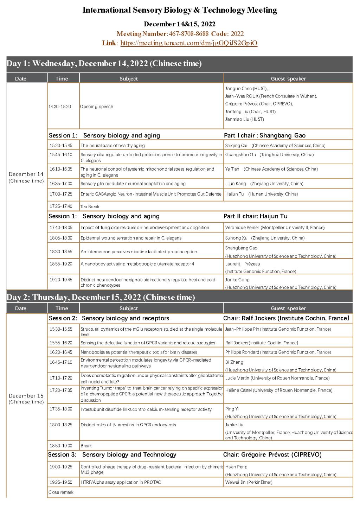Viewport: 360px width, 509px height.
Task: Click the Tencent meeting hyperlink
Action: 189,43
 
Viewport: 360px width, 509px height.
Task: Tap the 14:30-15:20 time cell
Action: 60,107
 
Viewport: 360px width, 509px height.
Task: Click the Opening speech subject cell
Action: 97,107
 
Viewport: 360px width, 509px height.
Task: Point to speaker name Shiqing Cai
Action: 236,146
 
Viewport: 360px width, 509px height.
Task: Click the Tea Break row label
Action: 90,206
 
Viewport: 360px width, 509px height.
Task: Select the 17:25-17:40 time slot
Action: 61,206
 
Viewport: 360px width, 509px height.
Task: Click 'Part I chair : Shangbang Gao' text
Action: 264,135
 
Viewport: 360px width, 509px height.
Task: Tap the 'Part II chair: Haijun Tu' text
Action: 255,216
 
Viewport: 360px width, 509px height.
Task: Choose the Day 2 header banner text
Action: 101,297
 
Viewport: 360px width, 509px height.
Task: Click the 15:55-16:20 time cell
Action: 61,343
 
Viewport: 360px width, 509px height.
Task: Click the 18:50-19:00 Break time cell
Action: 61,446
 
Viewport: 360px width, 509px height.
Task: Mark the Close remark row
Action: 61,492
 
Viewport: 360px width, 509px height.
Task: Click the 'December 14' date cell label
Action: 26,174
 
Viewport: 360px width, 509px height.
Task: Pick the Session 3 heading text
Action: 112,455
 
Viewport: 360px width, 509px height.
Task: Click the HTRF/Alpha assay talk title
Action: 121,482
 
